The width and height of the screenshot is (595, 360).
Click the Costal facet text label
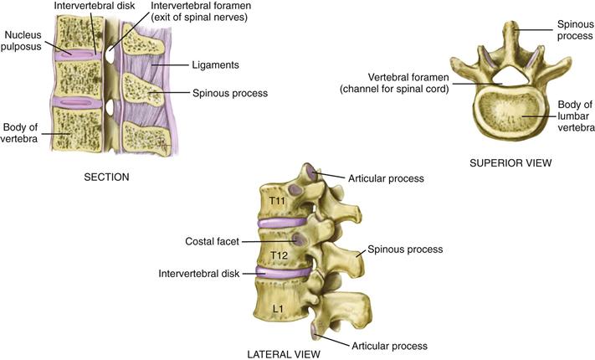212,241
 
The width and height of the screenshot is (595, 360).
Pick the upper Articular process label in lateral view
387,177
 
